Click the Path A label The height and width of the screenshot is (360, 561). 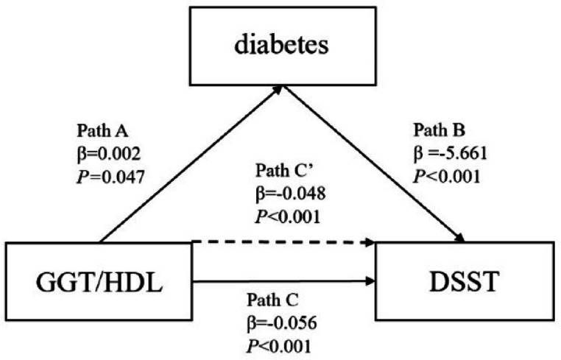tap(103, 133)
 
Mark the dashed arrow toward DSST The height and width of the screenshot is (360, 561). tap(283, 241)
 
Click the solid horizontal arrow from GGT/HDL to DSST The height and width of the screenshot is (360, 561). tap(283, 280)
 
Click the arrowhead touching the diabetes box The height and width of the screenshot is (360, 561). tap(278, 88)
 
